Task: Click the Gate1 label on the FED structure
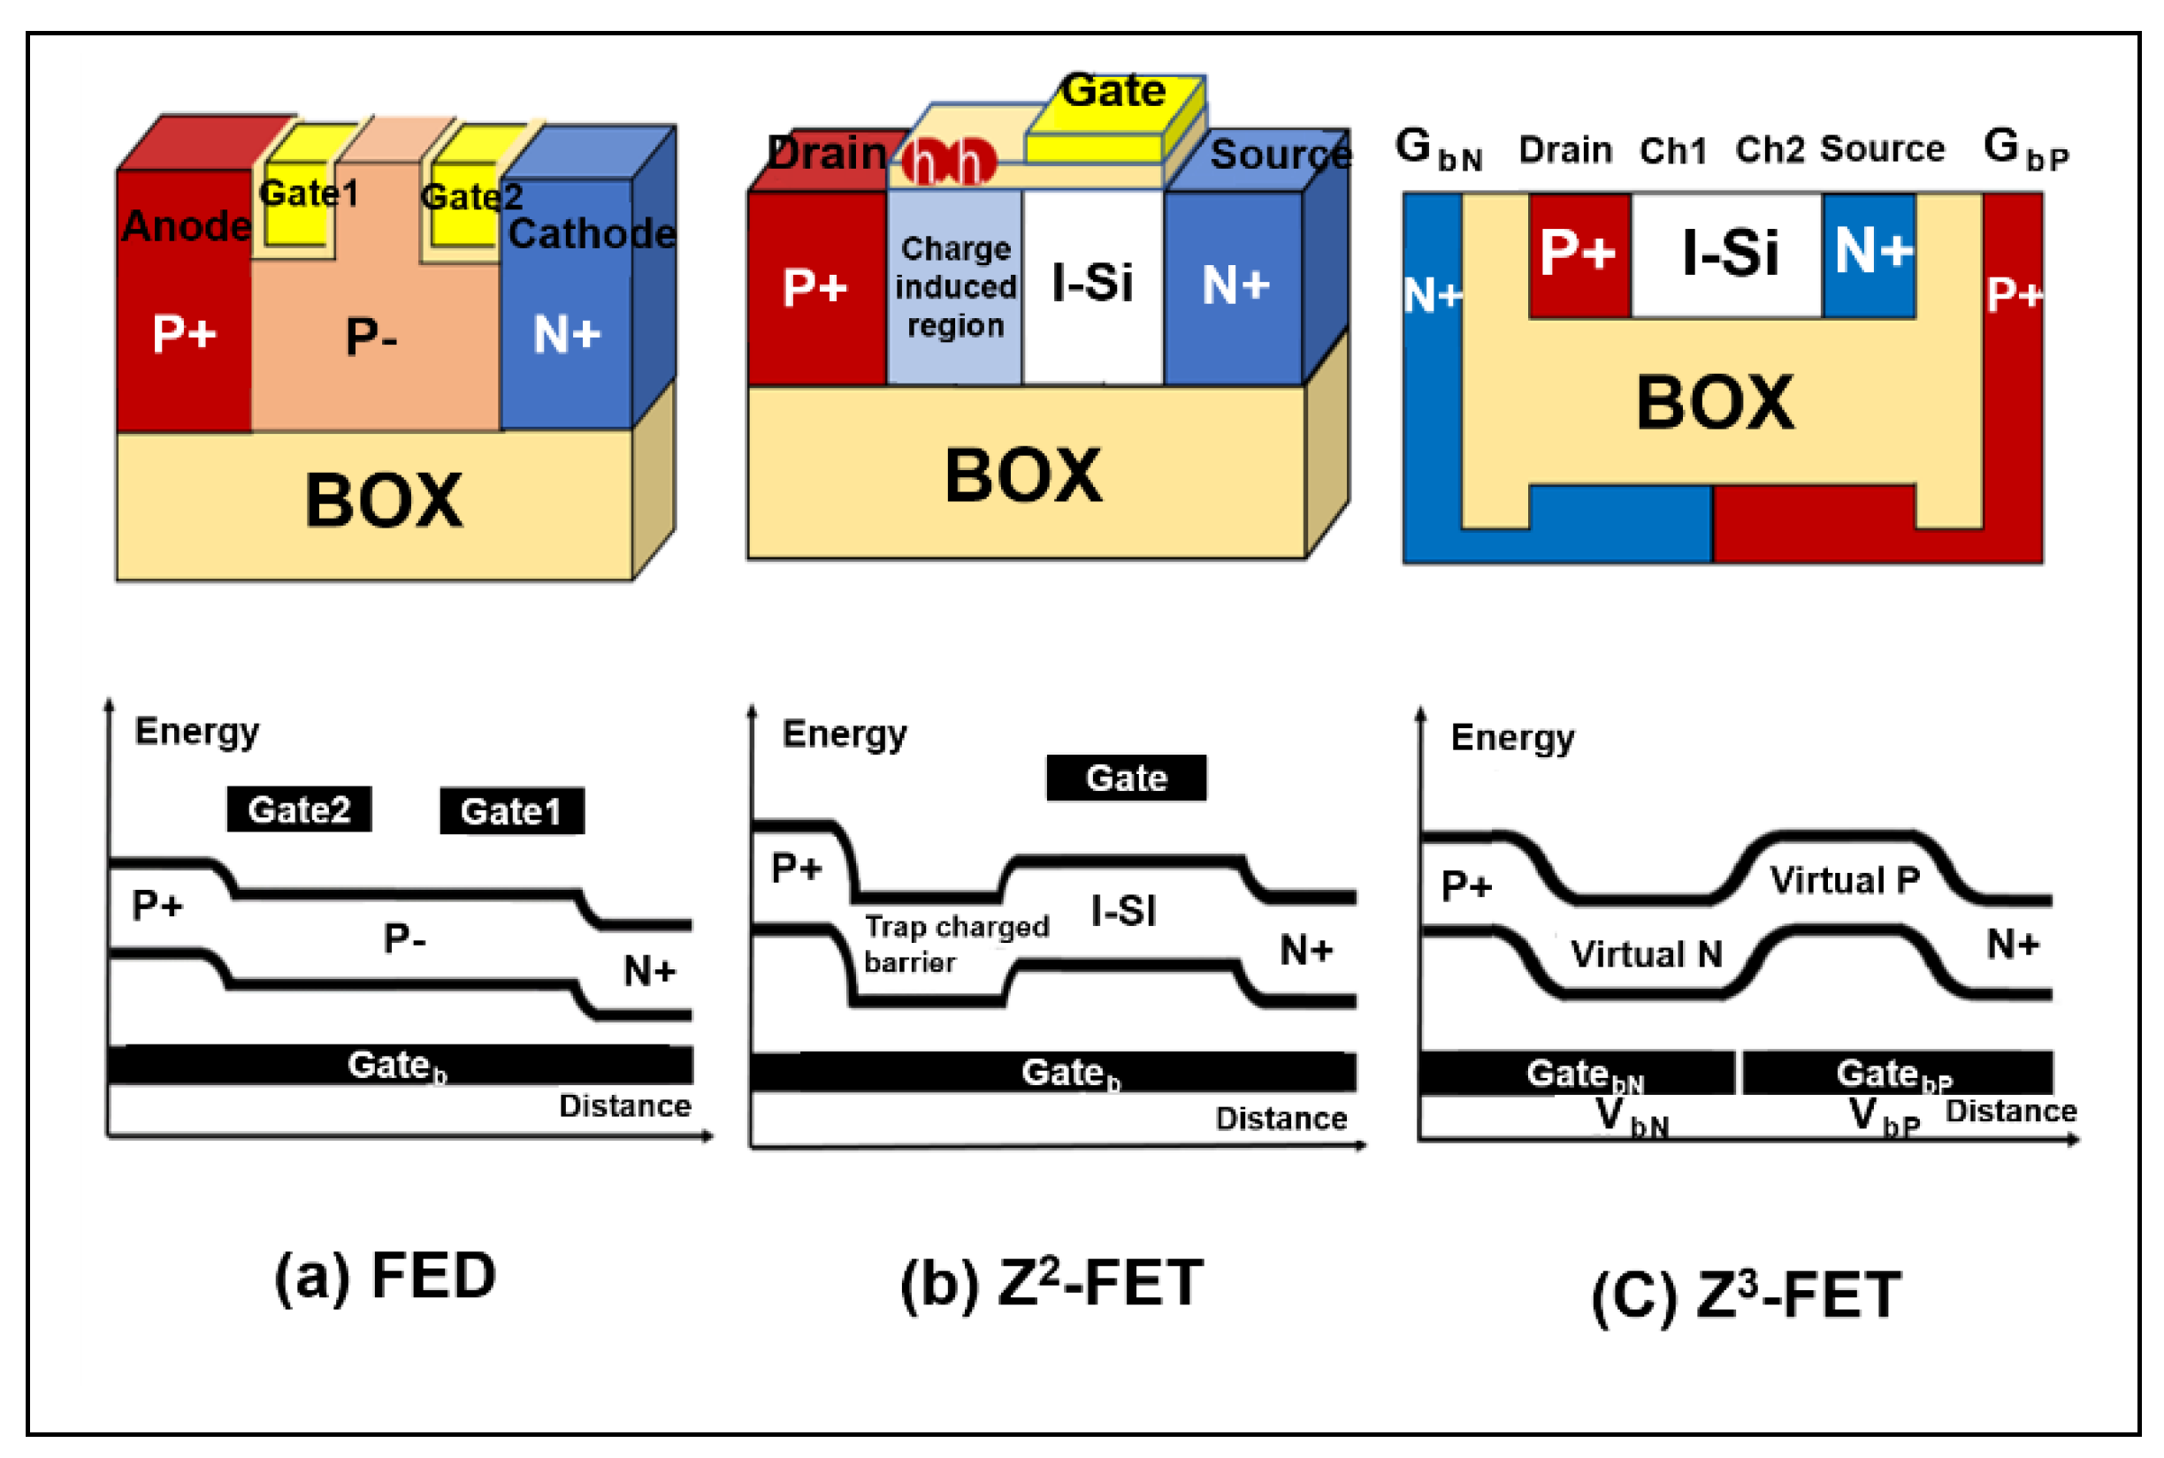point(308,194)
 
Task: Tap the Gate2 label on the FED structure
point(470,196)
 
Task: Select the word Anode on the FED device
point(186,226)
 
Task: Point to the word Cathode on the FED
point(591,233)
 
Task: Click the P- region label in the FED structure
point(371,336)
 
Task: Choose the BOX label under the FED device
point(382,501)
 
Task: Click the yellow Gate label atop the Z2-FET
point(1113,91)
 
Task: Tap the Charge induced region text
point(955,286)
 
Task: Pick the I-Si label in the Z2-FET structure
point(1091,283)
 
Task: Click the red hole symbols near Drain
point(947,163)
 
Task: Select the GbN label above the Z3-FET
point(1437,148)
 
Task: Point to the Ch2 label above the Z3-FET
point(1769,149)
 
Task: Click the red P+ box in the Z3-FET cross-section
point(1579,254)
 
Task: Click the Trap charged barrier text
point(955,943)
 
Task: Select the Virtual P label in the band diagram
point(1844,879)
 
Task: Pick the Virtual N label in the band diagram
point(1646,954)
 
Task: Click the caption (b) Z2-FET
point(1051,1283)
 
